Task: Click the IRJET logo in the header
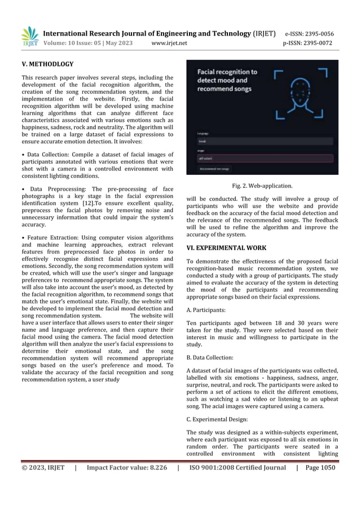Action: pos(30,37)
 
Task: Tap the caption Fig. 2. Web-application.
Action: pos(262,185)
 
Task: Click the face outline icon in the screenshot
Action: pos(300,90)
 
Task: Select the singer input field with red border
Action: pos(262,159)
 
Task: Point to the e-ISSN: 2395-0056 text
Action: pos(309,33)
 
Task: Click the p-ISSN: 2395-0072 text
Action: pos(308,43)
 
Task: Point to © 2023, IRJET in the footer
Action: pos(43,467)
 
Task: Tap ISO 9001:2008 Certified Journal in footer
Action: pos(238,467)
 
